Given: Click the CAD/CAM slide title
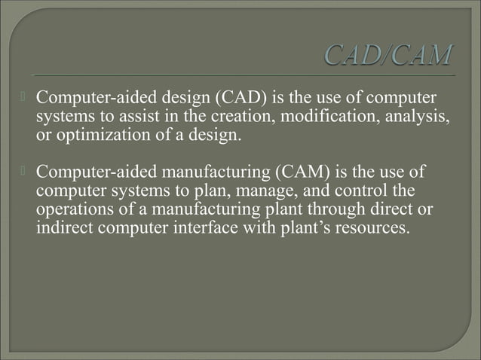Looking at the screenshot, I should click(x=390, y=56).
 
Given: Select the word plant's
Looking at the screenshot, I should click(x=303, y=226).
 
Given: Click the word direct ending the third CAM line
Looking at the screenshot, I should click(x=405, y=208).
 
